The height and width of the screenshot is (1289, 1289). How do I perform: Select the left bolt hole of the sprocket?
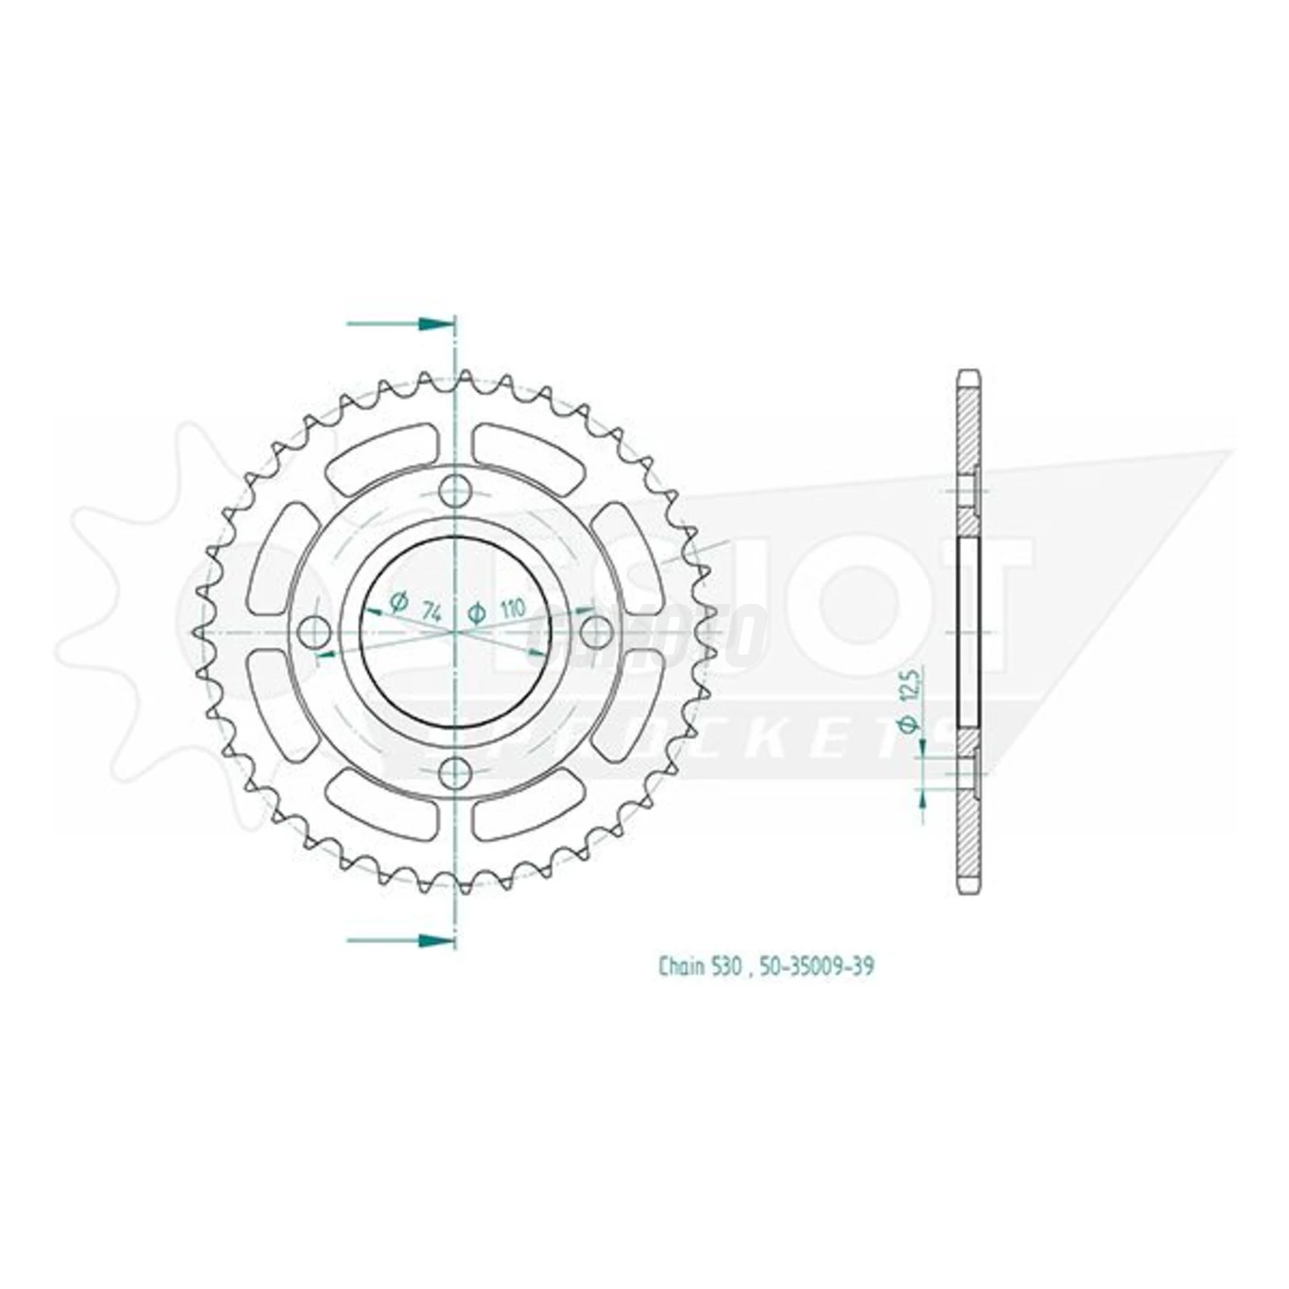click(x=316, y=633)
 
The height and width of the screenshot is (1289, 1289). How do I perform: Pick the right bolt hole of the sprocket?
click(x=596, y=630)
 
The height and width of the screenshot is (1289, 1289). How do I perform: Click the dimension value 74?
click(x=429, y=609)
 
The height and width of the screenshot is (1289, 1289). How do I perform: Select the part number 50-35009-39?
click(x=807, y=967)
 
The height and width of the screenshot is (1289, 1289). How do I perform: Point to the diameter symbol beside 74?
click(x=399, y=603)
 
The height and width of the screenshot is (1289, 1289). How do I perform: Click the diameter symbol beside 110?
click(x=477, y=611)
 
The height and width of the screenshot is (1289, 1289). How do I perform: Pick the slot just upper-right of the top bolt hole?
click(x=528, y=450)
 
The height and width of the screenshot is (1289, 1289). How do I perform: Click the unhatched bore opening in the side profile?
click(x=969, y=633)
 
